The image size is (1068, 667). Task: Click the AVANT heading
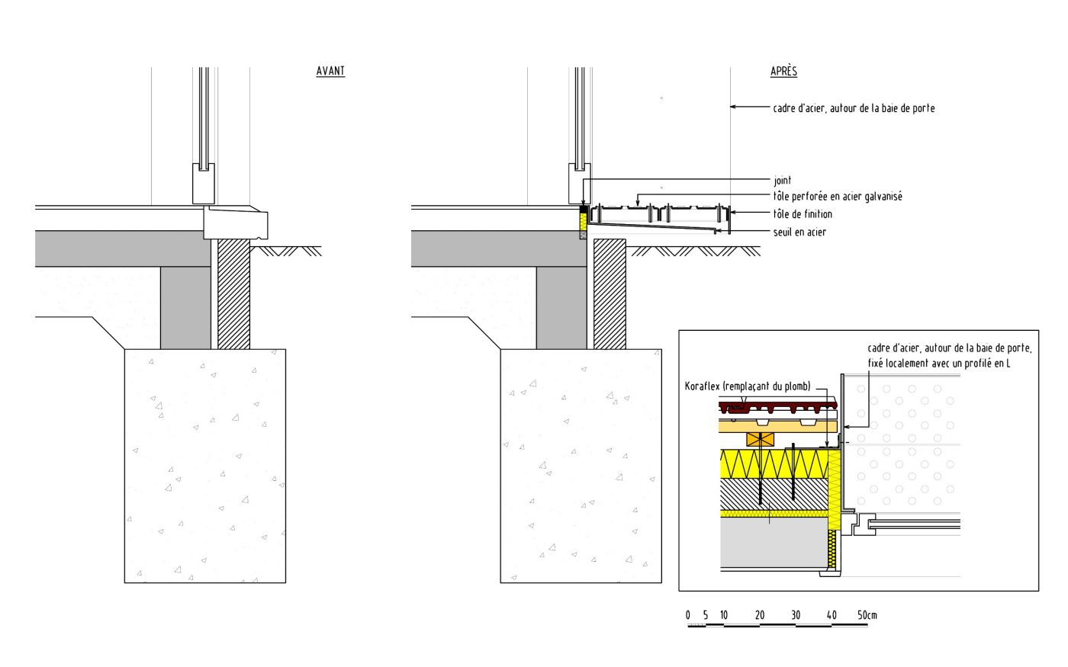pos(330,72)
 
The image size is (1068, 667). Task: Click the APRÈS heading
pos(783,72)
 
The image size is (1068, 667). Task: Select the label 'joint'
pos(782,181)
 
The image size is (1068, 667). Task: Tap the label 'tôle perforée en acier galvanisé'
pos(838,197)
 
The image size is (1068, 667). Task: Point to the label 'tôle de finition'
pos(803,214)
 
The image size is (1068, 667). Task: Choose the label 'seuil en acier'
pos(799,232)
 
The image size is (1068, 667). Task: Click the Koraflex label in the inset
pos(748,386)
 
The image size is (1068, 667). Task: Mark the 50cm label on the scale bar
pos(867,615)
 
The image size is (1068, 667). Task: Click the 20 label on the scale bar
pos(760,615)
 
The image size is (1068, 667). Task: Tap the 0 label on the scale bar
pos(688,615)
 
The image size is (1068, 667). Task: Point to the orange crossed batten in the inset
pos(761,439)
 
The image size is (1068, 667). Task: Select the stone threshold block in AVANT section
pos(236,223)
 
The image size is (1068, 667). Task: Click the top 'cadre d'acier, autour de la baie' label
pos(854,108)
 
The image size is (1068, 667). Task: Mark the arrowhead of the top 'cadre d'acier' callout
pos(732,107)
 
